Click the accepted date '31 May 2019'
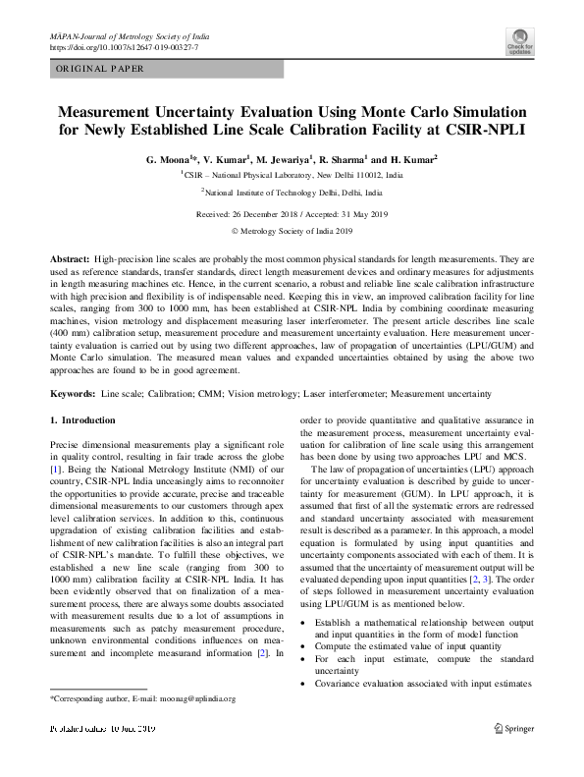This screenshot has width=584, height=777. (361, 213)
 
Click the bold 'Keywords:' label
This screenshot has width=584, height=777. (73, 394)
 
